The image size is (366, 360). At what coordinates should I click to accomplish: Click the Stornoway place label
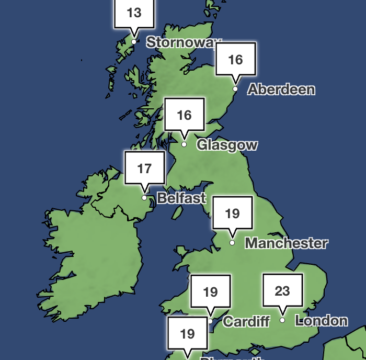[x=184, y=42]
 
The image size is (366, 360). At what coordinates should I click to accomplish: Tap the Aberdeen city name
[x=281, y=89]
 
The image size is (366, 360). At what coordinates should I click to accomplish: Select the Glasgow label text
[x=227, y=145]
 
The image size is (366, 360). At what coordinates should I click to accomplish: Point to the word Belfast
[x=181, y=198]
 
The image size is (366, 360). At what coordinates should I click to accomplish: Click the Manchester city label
[x=286, y=243]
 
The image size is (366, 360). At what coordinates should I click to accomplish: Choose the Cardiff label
[x=246, y=321]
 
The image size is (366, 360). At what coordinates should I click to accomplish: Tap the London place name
[x=321, y=320]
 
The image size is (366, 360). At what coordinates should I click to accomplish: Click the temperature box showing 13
[x=134, y=13]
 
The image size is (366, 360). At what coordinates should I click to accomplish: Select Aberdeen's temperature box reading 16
[x=236, y=60]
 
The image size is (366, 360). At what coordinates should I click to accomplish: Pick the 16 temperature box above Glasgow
[x=185, y=115]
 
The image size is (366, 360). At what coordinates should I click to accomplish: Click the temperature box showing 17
[x=144, y=168]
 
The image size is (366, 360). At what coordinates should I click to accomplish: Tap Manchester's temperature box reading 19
[x=232, y=213]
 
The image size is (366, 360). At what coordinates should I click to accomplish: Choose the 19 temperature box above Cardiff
[x=210, y=291]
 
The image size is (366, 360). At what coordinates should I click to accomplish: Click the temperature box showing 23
[x=282, y=291]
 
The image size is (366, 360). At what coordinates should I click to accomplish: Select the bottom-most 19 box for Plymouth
[x=187, y=334]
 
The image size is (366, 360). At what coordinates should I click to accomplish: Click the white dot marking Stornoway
[x=134, y=42]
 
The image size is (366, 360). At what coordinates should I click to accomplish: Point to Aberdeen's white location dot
[x=235, y=89]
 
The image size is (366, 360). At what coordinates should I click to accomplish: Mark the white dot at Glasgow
[x=184, y=144]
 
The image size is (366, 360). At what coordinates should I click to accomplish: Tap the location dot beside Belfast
[x=144, y=198]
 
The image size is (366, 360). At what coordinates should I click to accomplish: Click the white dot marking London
[x=282, y=320]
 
